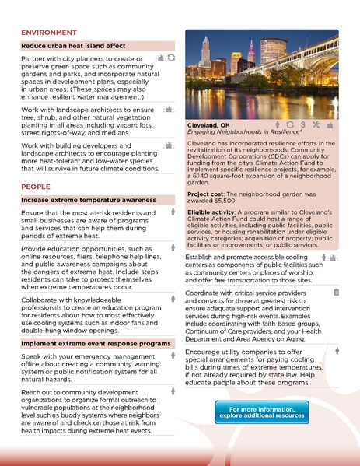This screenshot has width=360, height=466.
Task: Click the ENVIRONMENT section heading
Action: [50, 33]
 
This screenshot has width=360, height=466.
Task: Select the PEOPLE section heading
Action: [36, 187]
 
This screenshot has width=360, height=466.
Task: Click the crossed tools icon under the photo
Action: [316, 124]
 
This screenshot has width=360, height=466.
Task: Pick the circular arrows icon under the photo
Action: [290, 124]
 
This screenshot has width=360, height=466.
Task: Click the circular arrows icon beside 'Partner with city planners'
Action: [172, 58]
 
